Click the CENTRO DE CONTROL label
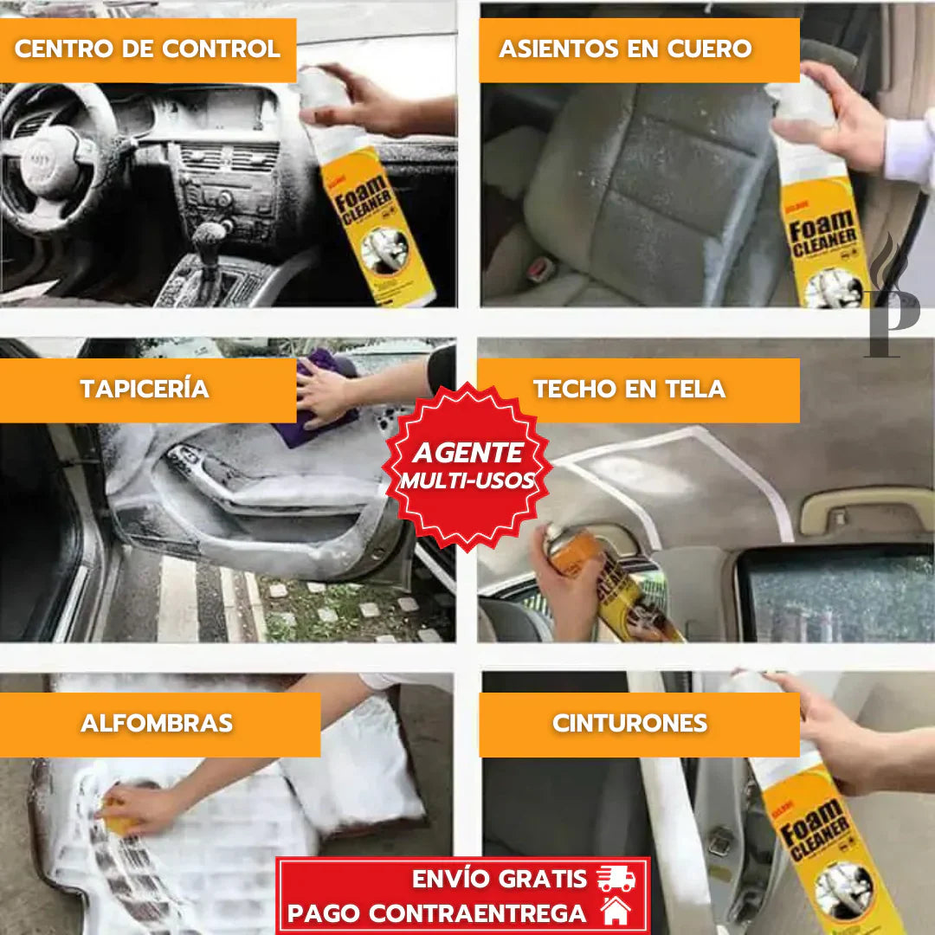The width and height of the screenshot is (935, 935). [x=147, y=49]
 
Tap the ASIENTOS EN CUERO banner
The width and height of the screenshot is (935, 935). [x=625, y=49]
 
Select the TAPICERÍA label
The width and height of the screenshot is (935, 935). [x=145, y=389]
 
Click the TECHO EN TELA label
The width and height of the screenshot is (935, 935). [x=629, y=389]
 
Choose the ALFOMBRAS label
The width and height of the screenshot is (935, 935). [x=157, y=724]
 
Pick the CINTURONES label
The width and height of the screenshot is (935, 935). [x=629, y=724]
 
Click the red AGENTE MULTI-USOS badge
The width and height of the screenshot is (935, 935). [x=467, y=465]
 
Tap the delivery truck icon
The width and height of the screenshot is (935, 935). [x=616, y=879]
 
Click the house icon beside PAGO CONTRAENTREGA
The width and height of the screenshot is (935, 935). [x=616, y=912]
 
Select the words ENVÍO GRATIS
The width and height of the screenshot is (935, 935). [x=500, y=879]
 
